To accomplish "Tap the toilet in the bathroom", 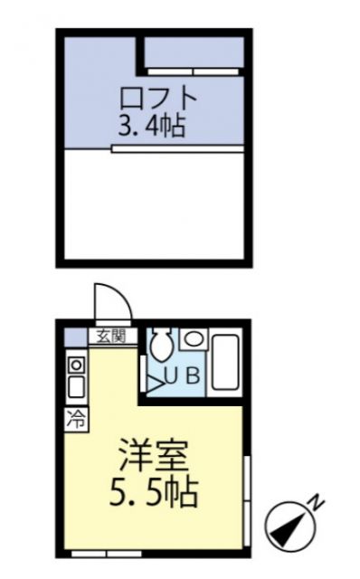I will click(162, 344).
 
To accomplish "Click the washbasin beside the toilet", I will click(193, 339).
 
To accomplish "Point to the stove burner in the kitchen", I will click(77, 365).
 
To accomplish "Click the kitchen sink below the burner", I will click(77, 387).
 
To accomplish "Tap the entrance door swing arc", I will click(112, 303).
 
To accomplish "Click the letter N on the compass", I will click(316, 500).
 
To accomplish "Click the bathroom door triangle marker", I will click(148, 376).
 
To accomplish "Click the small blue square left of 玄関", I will click(76, 337).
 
